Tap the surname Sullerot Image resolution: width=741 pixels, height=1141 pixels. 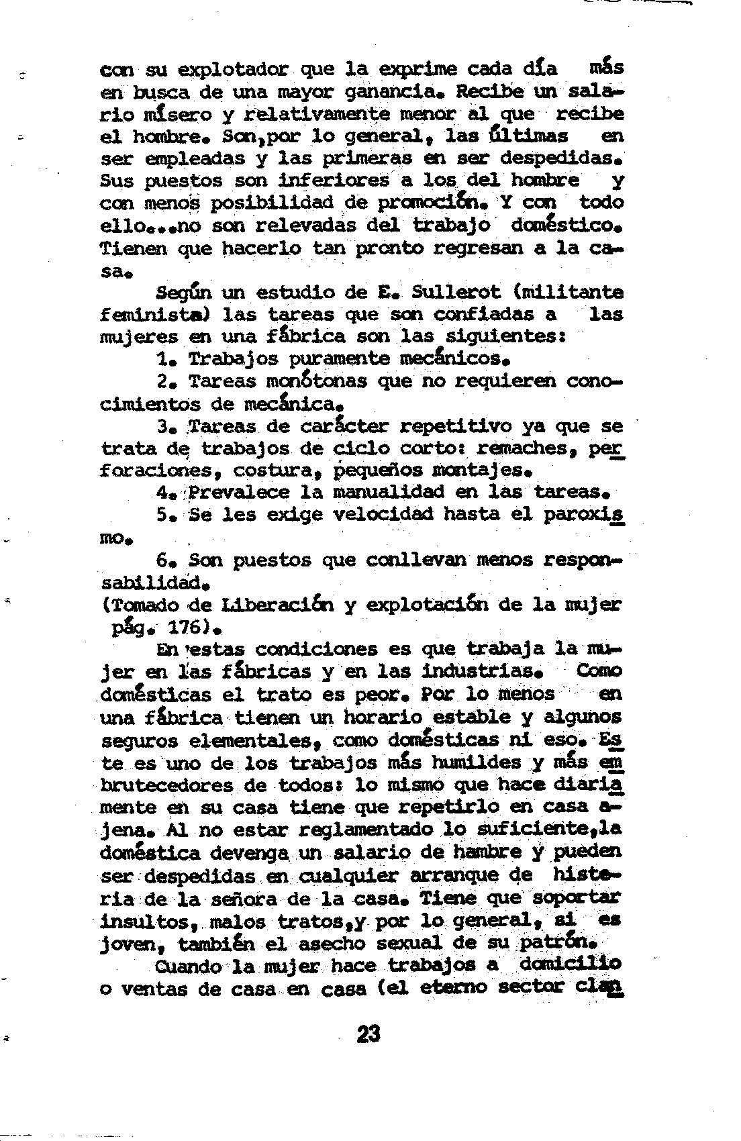456,293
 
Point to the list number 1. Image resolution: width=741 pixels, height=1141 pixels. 164,359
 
